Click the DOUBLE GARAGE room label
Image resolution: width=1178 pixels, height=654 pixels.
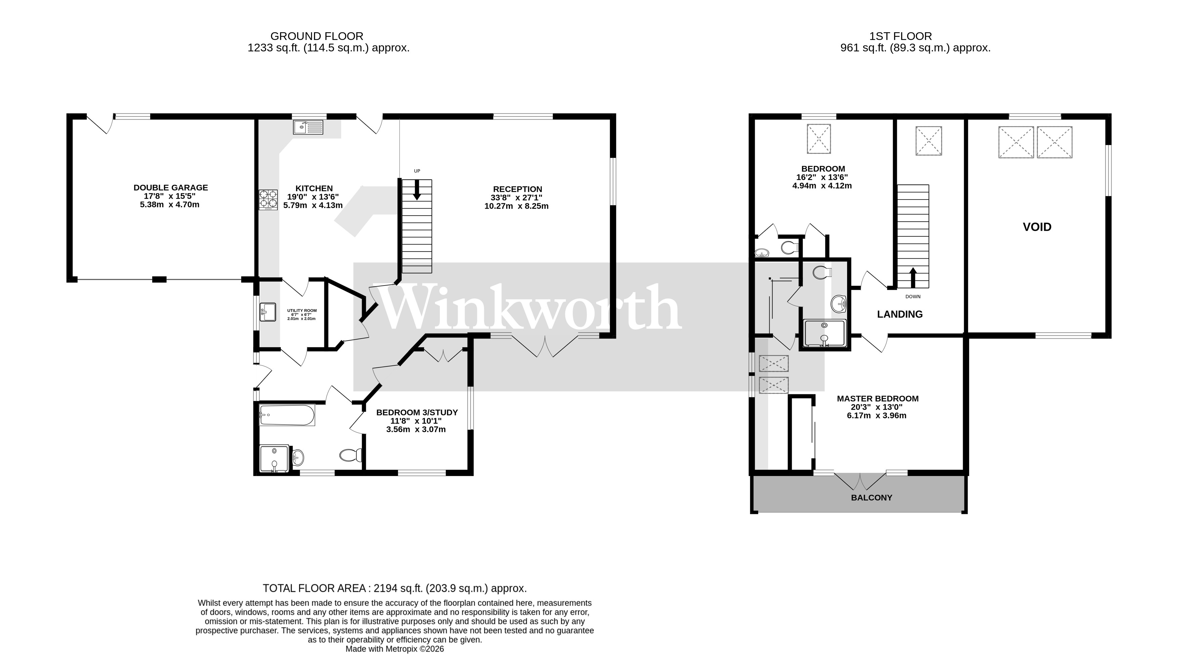click(171, 187)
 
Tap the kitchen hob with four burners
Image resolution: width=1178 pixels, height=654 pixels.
click(268, 200)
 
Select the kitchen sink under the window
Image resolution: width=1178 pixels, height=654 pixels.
click(308, 127)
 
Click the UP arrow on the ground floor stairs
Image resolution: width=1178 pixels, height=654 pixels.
click(417, 190)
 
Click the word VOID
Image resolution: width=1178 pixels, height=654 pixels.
click(1037, 227)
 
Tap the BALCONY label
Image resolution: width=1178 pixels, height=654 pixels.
click(871, 497)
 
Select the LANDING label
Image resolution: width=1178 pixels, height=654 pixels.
click(900, 314)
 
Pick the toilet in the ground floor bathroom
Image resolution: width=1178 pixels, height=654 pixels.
click(350, 455)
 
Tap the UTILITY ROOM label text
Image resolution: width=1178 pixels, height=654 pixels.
click(302, 310)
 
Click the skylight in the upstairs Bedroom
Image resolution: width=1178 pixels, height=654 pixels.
click(818, 138)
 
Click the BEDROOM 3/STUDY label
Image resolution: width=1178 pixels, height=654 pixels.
click(417, 412)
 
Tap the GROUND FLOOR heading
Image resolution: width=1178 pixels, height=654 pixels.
click(316, 36)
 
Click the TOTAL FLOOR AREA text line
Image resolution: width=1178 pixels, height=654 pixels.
click(394, 588)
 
